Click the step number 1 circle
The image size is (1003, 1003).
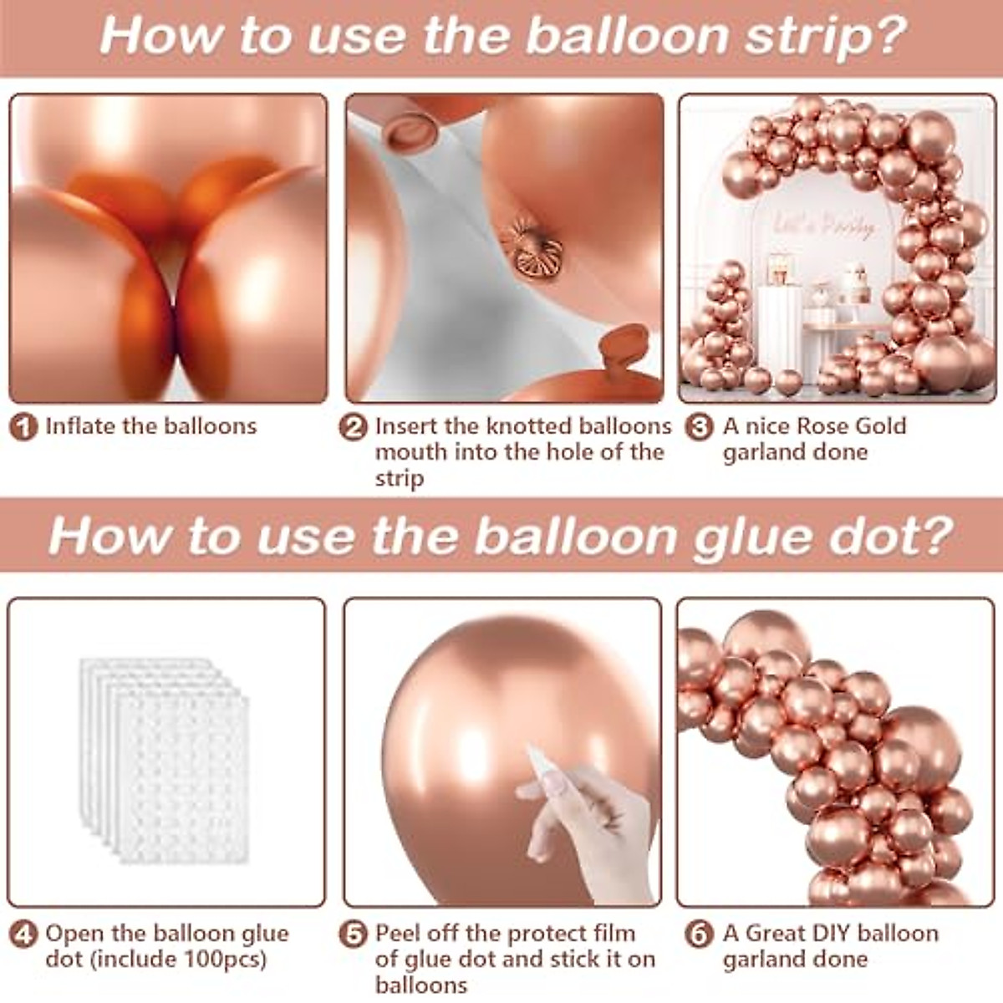pyautogui.click(x=24, y=428)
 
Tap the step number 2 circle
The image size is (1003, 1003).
pyautogui.click(x=354, y=428)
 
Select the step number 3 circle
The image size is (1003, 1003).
pyautogui.click(x=699, y=428)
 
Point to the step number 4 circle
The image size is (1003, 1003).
pyautogui.click(x=24, y=934)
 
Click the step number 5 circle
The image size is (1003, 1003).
pyautogui.click(x=354, y=934)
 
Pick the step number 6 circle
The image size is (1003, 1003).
pyautogui.click(x=699, y=934)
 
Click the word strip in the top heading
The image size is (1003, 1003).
pyautogui.click(x=803, y=37)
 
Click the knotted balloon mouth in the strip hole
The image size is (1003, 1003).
pyautogui.click(x=532, y=248)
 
